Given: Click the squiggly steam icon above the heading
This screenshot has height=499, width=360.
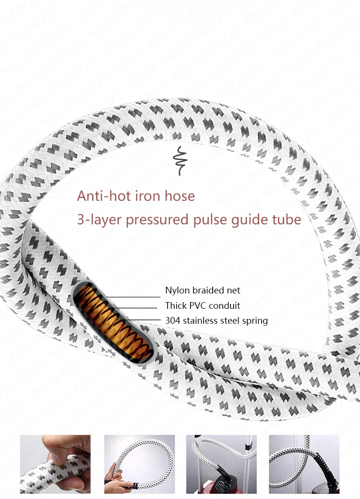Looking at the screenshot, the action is coord(180,161).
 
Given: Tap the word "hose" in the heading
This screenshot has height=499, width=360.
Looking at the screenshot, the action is coord(180,196).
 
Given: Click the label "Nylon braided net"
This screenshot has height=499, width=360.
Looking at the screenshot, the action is coord(203,290).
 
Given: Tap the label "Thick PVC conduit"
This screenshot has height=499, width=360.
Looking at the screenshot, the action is coord(203,305).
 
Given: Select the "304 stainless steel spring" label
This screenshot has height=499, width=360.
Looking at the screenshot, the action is coord(216,320).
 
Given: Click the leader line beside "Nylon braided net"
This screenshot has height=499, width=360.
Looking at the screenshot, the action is coord(132,297).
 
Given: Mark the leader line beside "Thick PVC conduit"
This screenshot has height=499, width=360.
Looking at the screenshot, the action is coord(135,308).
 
